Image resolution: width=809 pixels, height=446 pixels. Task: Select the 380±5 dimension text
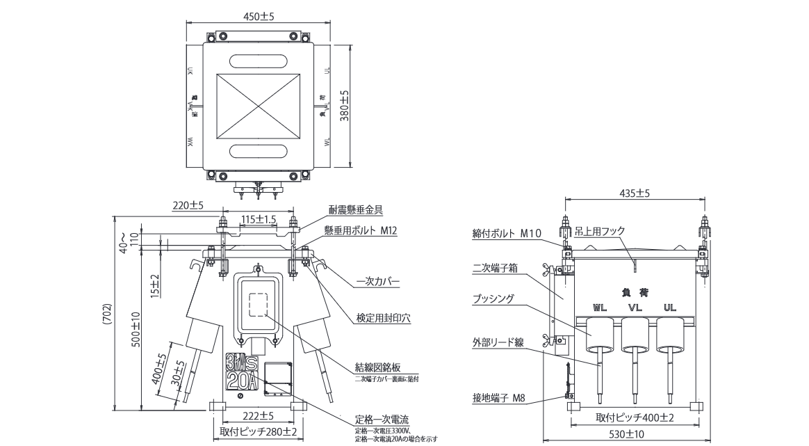[343, 106]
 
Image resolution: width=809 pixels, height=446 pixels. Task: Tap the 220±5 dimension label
[188, 205]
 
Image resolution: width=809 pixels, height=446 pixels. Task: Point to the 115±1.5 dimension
[259, 218]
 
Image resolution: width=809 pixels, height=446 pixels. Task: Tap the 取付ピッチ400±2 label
[635, 417]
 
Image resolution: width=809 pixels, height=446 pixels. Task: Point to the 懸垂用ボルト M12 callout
[360, 230]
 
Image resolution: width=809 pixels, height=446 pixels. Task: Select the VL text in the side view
[635, 307]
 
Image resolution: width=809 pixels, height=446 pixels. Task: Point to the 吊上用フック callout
[601, 231]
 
